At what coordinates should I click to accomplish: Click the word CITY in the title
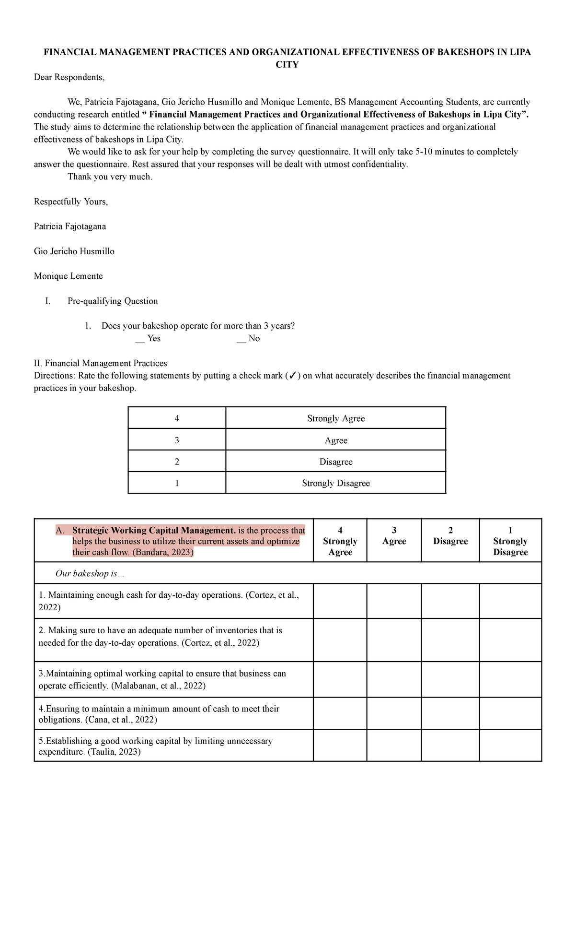(x=287, y=65)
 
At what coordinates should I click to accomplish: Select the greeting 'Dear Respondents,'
(x=69, y=77)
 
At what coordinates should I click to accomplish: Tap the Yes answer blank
(x=140, y=339)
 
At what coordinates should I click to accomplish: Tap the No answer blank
(x=241, y=339)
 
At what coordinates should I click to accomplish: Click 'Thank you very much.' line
(x=110, y=177)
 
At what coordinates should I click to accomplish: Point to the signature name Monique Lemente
(x=68, y=276)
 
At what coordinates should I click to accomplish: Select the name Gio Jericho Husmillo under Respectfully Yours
(x=74, y=251)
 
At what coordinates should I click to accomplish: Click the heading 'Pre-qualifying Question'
(x=113, y=301)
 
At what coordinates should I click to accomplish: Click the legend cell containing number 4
(x=177, y=418)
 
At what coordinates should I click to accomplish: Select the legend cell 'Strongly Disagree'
(x=335, y=483)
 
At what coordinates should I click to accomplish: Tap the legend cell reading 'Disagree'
(x=335, y=462)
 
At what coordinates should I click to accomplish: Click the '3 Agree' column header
(x=394, y=536)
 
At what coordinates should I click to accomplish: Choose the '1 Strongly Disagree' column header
(x=510, y=541)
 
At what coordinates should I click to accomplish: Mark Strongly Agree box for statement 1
(x=340, y=601)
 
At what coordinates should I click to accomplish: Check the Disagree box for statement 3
(x=450, y=679)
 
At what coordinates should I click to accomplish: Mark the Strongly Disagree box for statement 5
(x=510, y=746)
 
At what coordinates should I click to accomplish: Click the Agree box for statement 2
(x=394, y=640)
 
